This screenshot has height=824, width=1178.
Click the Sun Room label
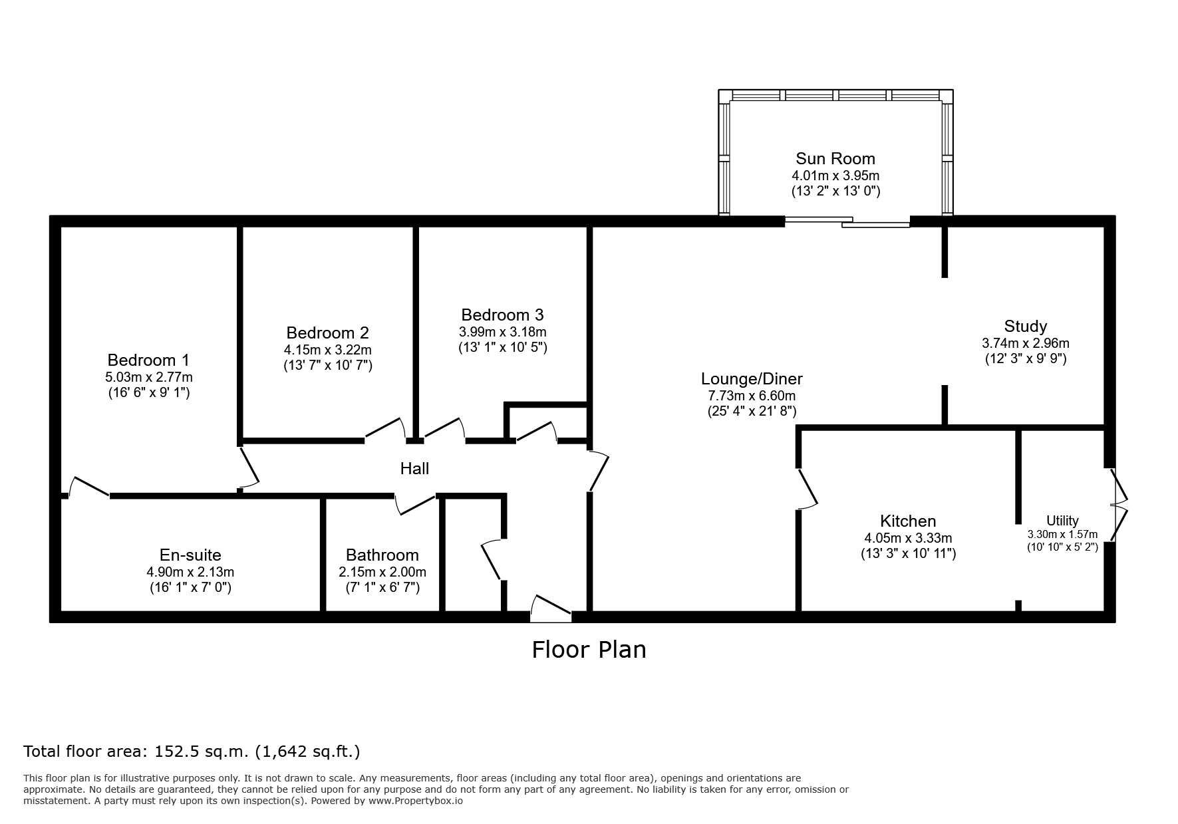(835, 159)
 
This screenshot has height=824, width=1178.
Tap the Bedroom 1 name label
(148, 360)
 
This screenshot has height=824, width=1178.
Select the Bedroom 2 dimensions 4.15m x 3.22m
(328, 350)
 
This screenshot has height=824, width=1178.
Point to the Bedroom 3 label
(502, 315)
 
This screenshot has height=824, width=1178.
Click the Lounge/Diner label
(752, 379)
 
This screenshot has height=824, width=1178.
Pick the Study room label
(1025, 327)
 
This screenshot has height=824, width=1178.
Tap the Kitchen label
(908, 521)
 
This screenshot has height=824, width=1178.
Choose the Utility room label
(1062, 521)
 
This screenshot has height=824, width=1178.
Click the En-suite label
(190, 555)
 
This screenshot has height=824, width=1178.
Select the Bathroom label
(382, 555)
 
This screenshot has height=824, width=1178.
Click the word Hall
(414, 469)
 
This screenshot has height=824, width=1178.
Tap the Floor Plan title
(589, 649)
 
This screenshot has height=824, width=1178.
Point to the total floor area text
(192, 752)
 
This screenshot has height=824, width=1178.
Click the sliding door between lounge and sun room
(847, 222)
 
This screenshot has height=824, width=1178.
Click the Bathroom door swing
(416, 504)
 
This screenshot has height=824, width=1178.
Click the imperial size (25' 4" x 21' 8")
(752, 412)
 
